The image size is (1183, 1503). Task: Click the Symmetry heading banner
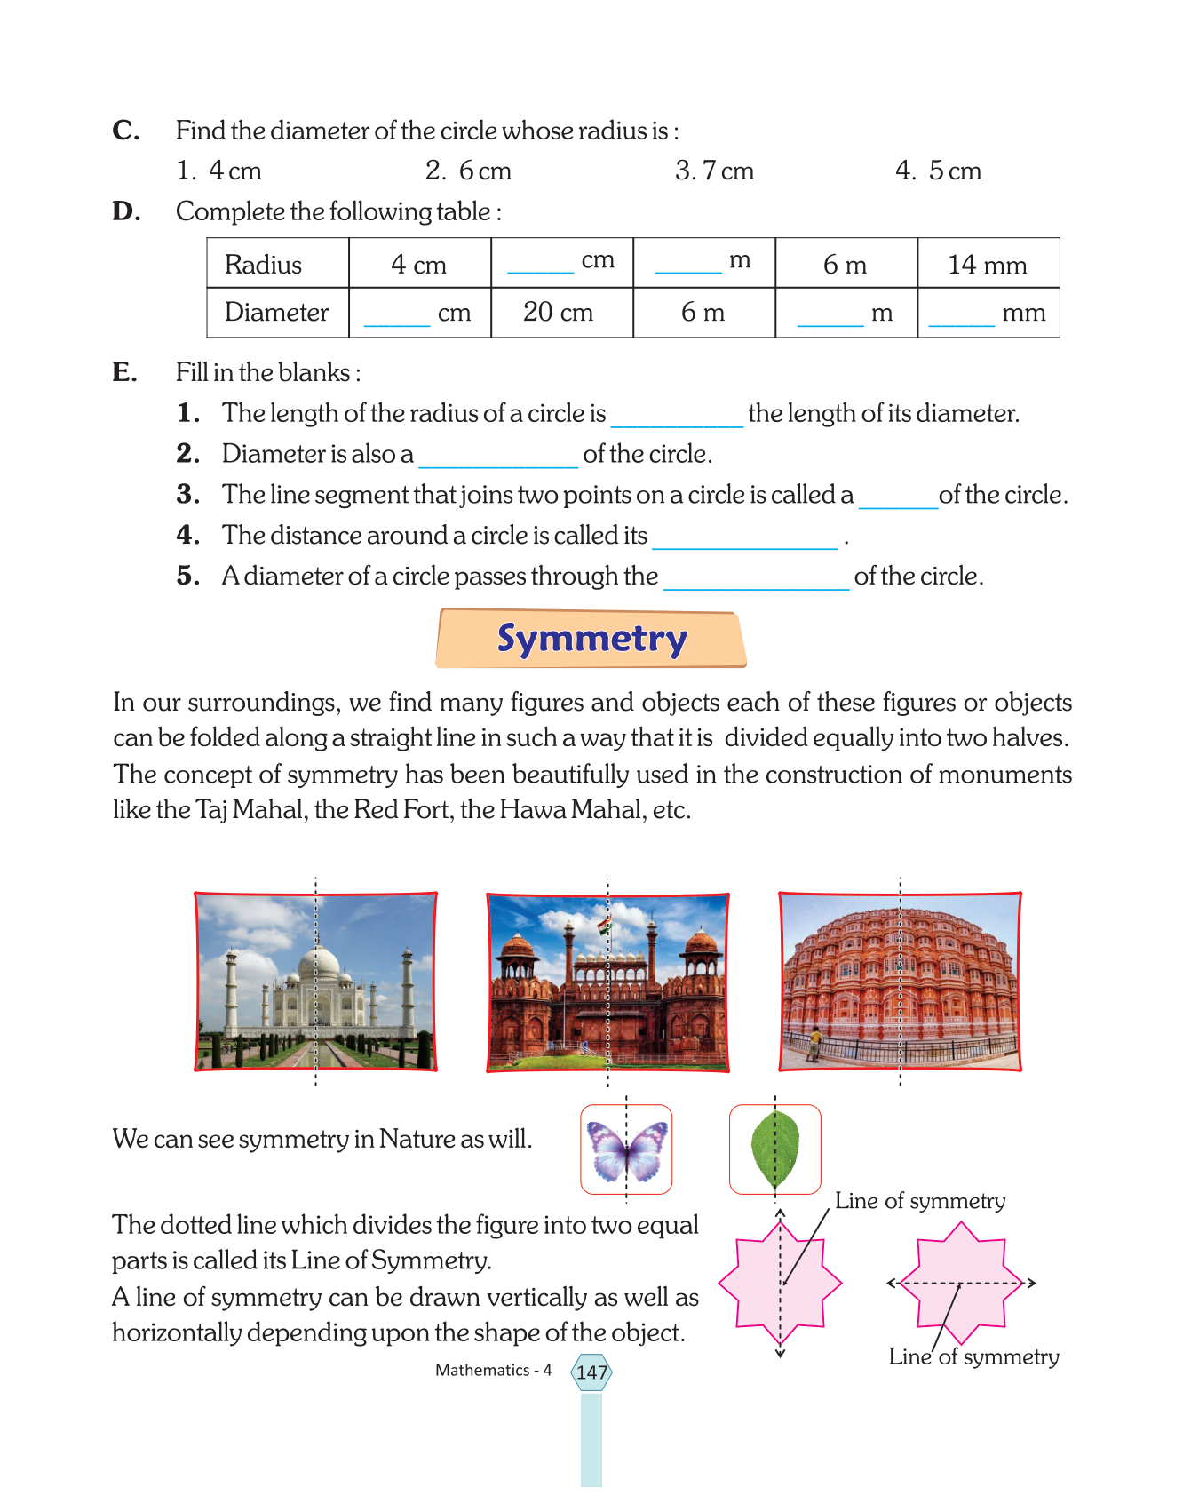[591, 639]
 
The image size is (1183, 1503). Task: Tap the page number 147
[591, 1372]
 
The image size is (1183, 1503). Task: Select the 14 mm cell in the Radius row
[988, 264]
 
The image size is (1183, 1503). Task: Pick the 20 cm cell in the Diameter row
[559, 312]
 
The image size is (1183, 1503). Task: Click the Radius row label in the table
[264, 264]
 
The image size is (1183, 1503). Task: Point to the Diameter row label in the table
[276, 312]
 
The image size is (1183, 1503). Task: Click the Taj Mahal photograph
[316, 982]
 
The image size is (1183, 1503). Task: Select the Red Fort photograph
[608, 982]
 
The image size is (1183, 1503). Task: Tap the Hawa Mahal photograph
[900, 982]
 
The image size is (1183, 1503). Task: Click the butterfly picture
[626, 1149]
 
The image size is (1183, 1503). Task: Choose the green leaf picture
[775, 1149]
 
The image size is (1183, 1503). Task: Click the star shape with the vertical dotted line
[780, 1283]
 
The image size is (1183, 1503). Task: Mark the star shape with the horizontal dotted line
[961, 1283]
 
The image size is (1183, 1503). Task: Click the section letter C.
[125, 131]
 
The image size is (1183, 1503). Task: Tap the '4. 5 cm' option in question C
[939, 171]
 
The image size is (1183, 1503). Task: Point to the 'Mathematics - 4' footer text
[493, 1371]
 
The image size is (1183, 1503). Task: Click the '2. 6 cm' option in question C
[468, 171]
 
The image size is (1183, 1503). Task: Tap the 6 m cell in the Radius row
[845, 264]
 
